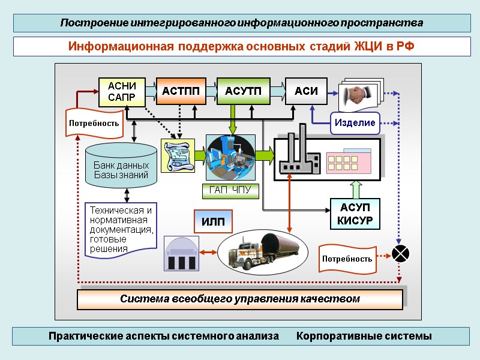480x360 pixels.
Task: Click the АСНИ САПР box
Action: click(x=122, y=92)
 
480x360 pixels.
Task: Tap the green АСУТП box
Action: click(x=243, y=92)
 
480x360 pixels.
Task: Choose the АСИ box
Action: click(x=306, y=92)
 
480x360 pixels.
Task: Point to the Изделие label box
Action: click(x=355, y=122)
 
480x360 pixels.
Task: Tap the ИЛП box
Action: click(x=212, y=221)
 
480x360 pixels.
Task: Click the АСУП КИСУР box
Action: click(x=356, y=214)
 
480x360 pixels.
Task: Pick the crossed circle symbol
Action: click(x=400, y=254)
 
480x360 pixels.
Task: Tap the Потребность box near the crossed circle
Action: click(x=346, y=259)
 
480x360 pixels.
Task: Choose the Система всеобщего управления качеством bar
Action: click(x=239, y=299)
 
